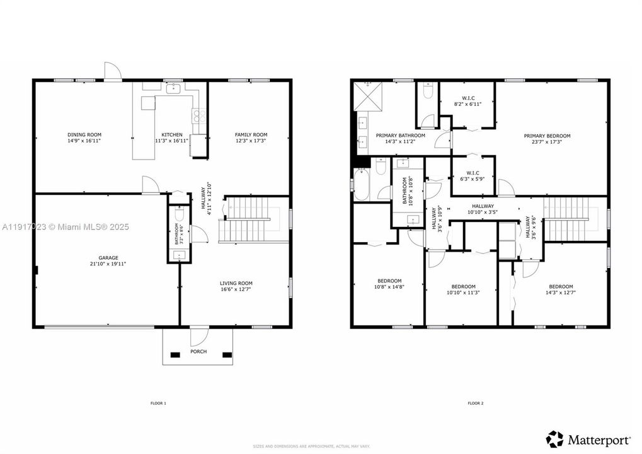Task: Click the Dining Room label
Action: point(84,135)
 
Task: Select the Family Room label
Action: point(251,135)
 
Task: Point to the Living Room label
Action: point(236,283)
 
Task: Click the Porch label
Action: point(198,352)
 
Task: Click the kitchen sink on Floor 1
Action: point(173,89)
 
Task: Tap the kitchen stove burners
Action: point(198,115)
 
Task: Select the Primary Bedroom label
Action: point(547,136)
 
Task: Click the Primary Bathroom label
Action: point(400,136)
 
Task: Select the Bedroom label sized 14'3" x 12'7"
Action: point(560,286)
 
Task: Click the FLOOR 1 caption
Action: point(158,403)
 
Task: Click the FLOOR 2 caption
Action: point(475,403)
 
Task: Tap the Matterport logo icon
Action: point(554,439)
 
